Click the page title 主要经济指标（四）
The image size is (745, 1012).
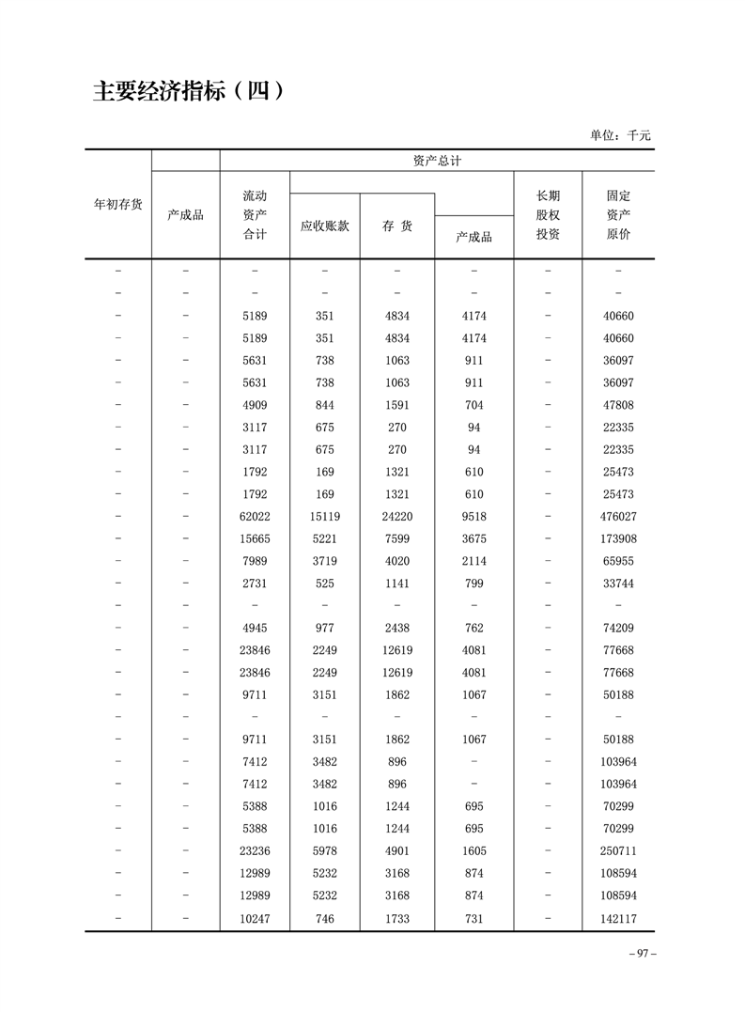[188, 92]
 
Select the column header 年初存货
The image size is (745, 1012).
[118, 204]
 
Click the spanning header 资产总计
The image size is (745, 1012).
[437, 161]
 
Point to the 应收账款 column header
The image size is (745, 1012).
[324, 226]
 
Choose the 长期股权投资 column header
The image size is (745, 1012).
[548, 214]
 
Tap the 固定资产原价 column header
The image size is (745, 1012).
[618, 214]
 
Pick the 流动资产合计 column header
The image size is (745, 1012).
[255, 214]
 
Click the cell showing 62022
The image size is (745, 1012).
[255, 517]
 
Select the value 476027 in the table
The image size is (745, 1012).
[618, 517]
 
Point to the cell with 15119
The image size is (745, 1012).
[324, 517]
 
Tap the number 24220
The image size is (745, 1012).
[396, 517]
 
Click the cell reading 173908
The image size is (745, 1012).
[618, 539]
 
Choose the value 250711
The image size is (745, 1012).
[618, 851]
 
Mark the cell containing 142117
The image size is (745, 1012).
[618, 918]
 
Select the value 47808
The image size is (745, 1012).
[618, 405]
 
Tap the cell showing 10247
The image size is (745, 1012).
[255, 918]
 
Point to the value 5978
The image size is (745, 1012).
[324, 851]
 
